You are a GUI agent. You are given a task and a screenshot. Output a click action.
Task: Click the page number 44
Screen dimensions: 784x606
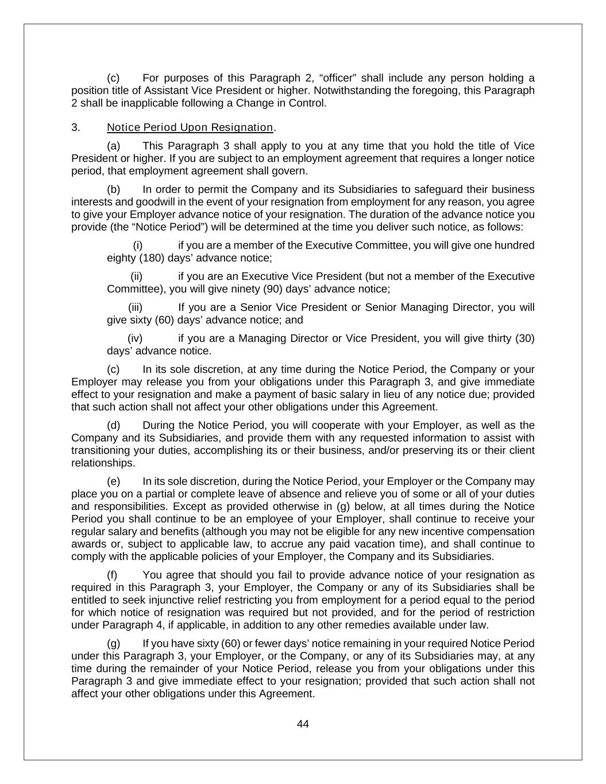point(303,724)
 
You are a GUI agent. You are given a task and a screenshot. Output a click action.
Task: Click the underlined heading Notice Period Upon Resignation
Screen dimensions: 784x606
point(190,128)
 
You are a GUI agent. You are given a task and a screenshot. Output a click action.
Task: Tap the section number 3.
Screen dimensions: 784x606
point(75,128)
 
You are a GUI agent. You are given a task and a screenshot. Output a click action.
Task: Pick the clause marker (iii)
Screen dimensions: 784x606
point(135,307)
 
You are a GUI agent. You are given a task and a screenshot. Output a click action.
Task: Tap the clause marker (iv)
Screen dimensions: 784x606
point(134,338)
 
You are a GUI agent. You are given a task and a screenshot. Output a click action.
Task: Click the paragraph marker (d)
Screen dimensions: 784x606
point(113,426)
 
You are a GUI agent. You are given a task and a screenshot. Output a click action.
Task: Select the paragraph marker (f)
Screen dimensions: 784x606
point(113,575)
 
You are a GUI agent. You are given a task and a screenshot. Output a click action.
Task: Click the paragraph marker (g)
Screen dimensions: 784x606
point(113,643)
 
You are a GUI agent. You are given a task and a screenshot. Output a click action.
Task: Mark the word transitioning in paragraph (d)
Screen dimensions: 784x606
point(101,450)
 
